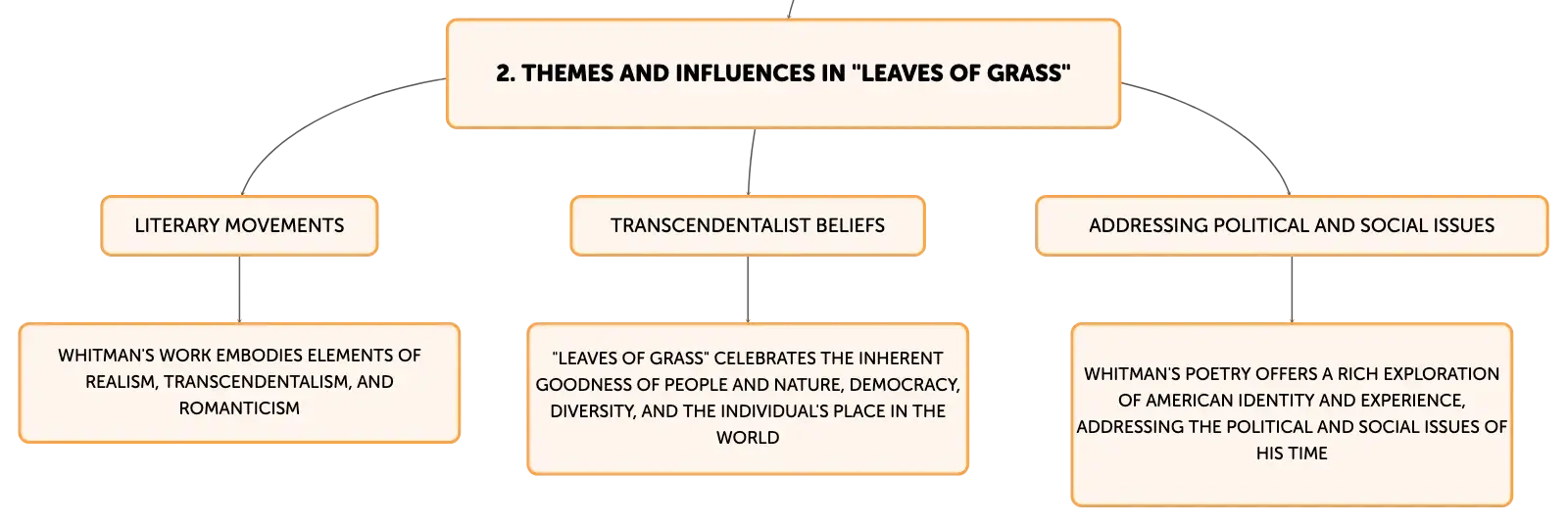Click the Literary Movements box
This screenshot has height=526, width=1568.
click(x=239, y=225)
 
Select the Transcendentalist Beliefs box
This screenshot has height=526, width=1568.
click(x=748, y=225)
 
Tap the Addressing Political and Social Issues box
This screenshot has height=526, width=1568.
click(x=1292, y=225)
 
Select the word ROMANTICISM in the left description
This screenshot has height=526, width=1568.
click(x=239, y=408)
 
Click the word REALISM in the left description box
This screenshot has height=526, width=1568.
click(x=121, y=382)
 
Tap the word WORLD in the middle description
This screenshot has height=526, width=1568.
click(x=748, y=438)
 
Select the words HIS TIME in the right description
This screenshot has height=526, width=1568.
click(x=1292, y=454)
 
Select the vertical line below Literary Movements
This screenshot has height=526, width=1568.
click(x=239, y=290)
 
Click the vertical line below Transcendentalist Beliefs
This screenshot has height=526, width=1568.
click(x=748, y=290)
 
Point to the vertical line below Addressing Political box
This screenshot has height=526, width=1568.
click(x=1292, y=290)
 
